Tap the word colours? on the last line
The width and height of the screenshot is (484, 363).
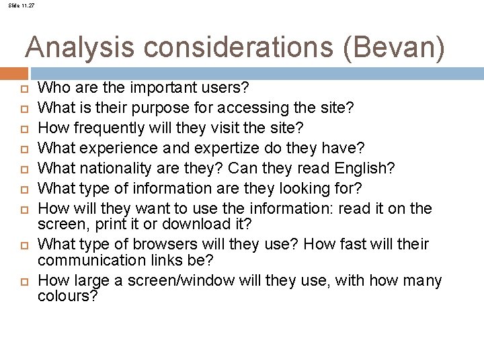coord(68,296)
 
